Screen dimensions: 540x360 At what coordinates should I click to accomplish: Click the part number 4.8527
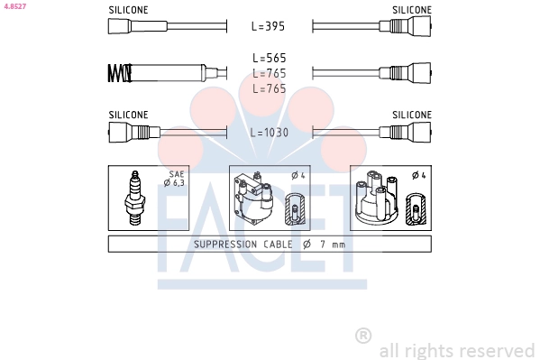click(15, 6)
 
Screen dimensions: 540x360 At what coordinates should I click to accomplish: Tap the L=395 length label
click(269, 26)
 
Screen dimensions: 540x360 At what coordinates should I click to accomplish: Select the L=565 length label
click(270, 58)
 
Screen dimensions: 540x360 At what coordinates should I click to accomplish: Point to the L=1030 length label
click(270, 133)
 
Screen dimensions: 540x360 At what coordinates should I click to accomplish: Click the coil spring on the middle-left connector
click(120, 73)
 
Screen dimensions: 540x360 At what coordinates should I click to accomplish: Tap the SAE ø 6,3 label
click(175, 179)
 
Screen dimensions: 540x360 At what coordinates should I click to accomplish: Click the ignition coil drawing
click(253, 198)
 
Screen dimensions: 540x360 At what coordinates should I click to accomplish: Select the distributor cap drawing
click(377, 197)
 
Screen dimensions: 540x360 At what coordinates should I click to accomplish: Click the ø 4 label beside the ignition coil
click(298, 176)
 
